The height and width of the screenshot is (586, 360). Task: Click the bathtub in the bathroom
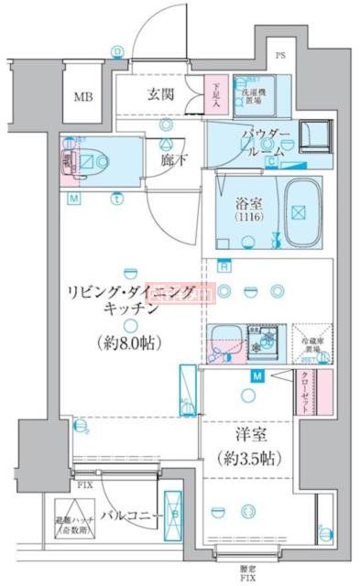pos(300,213)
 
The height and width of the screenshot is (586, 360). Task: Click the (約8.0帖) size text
pos(129,345)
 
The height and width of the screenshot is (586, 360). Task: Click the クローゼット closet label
pos(307,395)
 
